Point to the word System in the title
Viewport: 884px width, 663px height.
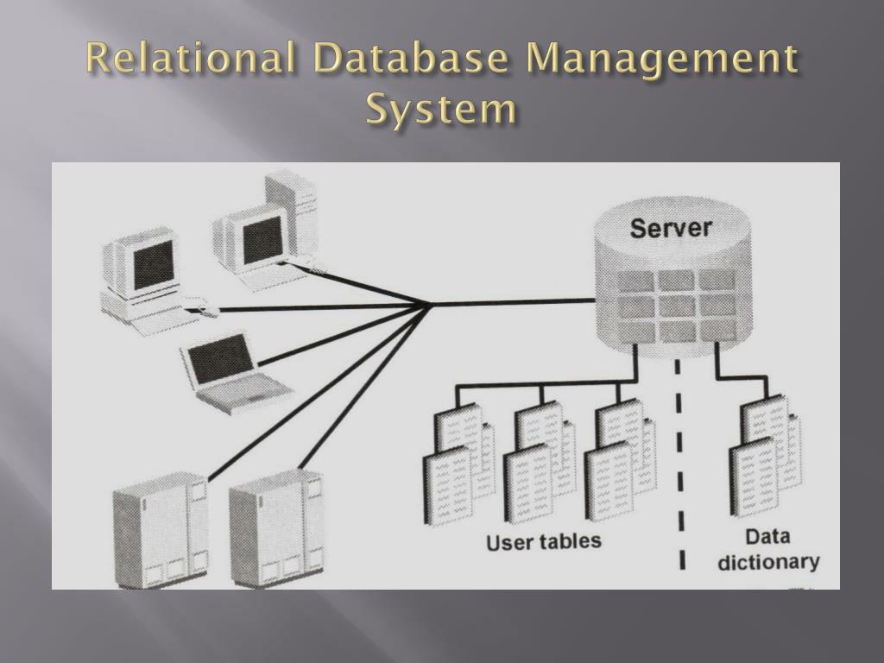pos(441,110)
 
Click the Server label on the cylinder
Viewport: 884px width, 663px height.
pos(671,228)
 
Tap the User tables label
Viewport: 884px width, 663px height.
pos(544,541)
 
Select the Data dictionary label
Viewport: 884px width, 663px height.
pos(767,550)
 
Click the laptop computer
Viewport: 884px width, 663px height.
pos(227,371)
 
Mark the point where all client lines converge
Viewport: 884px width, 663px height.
pos(427,303)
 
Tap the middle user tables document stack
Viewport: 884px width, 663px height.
pos(540,462)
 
